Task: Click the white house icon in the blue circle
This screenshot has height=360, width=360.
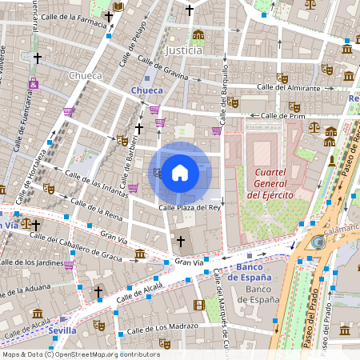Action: [x=180, y=172]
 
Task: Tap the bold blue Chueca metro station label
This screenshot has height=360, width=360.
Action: [x=146, y=90]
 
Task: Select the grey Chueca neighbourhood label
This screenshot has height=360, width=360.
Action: [x=86, y=75]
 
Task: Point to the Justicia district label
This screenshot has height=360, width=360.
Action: [x=182, y=50]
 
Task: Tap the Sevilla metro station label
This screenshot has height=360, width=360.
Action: [x=62, y=330]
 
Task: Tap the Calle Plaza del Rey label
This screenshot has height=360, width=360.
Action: [x=189, y=206]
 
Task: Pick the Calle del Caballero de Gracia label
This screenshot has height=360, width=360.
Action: [x=77, y=246]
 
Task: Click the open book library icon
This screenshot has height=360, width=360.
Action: [x=118, y=7]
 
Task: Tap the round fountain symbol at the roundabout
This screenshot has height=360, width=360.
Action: [x=318, y=242]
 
